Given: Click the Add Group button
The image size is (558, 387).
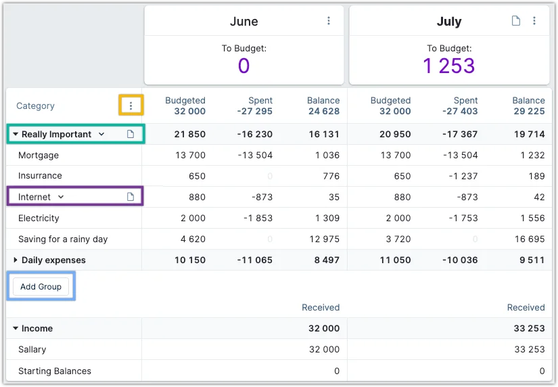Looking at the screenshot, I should [41, 287].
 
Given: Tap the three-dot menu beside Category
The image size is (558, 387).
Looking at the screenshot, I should [131, 106].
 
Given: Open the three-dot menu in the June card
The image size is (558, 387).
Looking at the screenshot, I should [329, 21].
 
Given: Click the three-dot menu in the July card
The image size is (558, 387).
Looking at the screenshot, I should [534, 21].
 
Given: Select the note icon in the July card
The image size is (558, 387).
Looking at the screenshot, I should [516, 21].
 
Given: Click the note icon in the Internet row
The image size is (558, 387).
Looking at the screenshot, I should [131, 197].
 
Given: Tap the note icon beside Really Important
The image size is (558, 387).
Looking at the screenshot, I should [131, 135].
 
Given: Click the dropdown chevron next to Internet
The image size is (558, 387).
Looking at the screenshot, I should [61, 197].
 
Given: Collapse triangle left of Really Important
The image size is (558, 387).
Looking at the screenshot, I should [16, 135].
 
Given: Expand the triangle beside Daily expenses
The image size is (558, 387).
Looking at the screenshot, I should [16, 260].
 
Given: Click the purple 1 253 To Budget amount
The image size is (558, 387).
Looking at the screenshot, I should [449, 66].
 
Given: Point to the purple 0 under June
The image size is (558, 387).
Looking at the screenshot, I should [243, 66].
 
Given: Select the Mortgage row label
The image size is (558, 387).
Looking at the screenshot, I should [39, 156].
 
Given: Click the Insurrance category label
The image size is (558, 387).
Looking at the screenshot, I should [40, 176].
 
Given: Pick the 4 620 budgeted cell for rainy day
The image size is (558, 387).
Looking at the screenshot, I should [191, 239].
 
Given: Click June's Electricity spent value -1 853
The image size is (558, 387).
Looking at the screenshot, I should [258, 218].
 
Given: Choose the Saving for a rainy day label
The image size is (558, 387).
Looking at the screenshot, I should [63, 239].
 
